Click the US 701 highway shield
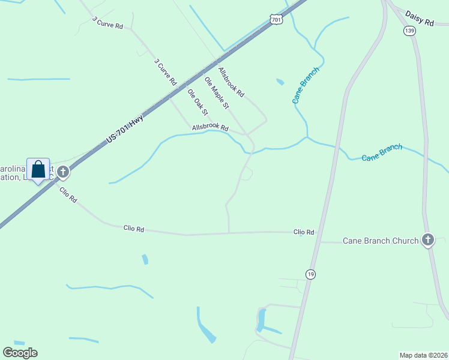(x=276, y=20)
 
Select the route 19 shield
(x=310, y=274)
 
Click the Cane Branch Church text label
(x=381, y=241)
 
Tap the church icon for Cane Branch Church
(x=427, y=241)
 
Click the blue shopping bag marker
(x=38, y=169)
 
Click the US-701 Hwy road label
(x=125, y=128)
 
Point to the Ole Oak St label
(x=197, y=102)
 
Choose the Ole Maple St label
(x=217, y=93)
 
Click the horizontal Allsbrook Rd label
(x=210, y=128)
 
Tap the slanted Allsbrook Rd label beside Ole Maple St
(x=232, y=82)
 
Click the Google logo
(x=20, y=353)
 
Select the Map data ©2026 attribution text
(x=423, y=355)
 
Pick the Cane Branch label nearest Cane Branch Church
(x=382, y=153)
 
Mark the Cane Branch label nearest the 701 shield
(x=306, y=85)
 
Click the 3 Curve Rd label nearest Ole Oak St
(x=165, y=71)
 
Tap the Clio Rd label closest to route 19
(x=304, y=232)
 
